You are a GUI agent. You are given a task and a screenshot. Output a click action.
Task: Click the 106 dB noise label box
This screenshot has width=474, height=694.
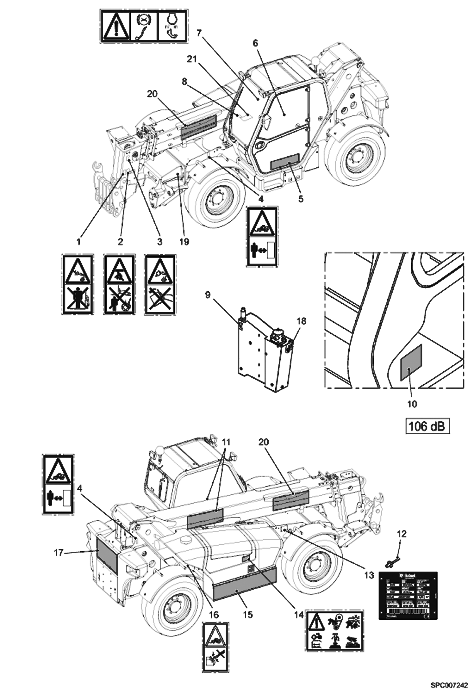[x=427, y=426]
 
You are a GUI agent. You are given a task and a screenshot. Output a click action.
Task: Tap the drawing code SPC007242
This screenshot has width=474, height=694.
[x=449, y=686]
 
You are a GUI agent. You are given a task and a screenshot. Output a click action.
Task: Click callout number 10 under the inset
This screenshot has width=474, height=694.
[x=412, y=404]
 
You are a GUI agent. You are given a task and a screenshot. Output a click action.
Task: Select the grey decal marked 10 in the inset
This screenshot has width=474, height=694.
[x=411, y=362]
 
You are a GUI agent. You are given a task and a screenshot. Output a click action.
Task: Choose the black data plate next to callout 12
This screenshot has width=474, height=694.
[x=408, y=595]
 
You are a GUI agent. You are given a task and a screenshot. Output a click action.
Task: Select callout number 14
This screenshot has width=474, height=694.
[x=299, y=615]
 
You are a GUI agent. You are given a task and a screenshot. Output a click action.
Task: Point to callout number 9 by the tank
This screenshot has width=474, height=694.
[x=208, y=295]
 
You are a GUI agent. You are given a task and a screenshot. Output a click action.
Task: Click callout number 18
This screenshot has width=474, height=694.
[x=302, y=321]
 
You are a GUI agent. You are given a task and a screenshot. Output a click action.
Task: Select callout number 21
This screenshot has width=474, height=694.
[x=192, y=59]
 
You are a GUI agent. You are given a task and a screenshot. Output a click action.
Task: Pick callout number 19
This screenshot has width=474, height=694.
[x=184, y=242]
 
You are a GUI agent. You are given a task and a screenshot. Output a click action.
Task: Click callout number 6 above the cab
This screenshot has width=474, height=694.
[x=255, y=43]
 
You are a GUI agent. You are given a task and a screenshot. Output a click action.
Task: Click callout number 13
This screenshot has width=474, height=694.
[x=369, y=575]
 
